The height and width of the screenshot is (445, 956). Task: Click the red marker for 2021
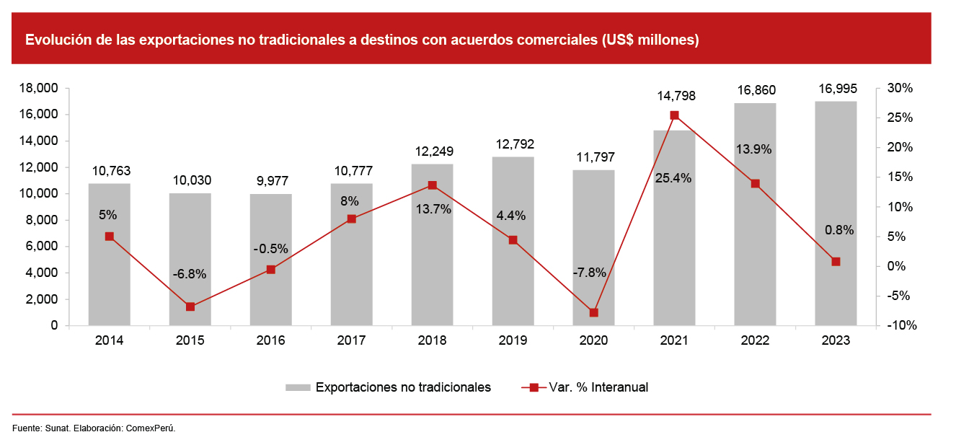coord(674,115)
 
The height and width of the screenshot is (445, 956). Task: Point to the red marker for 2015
coord(190,307)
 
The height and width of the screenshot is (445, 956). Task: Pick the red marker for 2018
coord(433,185)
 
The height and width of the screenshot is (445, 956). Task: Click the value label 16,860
coord(756,90)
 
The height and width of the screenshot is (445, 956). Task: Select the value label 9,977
coord(271,181)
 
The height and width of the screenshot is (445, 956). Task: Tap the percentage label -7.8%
coord(589,273)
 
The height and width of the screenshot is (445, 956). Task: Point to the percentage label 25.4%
coord(674,178)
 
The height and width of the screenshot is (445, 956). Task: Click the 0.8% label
coord(839,231)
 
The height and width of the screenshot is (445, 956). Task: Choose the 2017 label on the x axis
coord(352,340)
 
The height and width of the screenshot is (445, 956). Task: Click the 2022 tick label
coord(756,340)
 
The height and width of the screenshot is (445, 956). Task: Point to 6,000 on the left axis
coord(44,247)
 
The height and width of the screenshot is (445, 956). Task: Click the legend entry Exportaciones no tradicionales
coord(402,387)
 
